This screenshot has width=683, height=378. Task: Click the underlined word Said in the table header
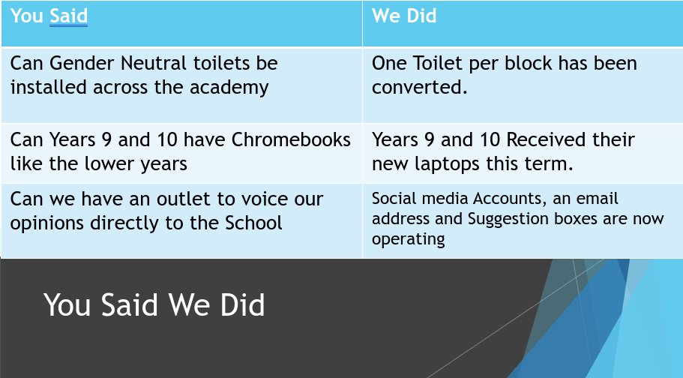point(69,16)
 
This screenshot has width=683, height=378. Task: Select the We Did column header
point(404,16)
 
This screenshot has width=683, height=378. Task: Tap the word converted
point(419,87)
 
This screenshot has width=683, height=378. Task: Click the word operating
point(408,239)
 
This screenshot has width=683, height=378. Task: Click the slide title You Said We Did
point(154,306)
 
